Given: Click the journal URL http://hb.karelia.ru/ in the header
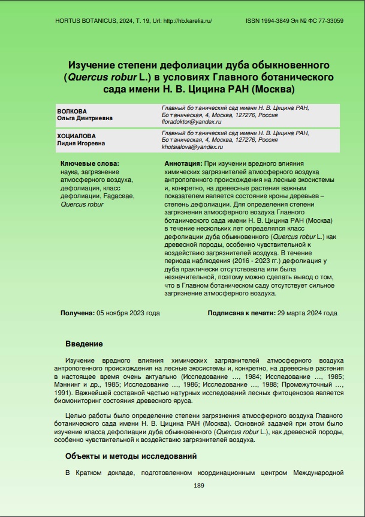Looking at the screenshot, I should click(x=187, y=20).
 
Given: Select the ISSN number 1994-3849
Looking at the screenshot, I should click(x=279, y=20).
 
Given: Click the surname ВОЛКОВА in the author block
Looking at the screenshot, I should click(x=72, y=111).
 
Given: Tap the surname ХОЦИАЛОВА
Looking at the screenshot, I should click(x=76, y=136).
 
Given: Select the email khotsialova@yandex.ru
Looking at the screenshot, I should click(x=192, y=147).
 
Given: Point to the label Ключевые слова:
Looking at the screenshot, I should click(x=90, y=163).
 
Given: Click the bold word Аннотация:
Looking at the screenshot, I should click(x=183, y=163).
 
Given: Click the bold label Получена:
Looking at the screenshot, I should click(x=77, y=313).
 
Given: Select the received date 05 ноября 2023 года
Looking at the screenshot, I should click(x=128, y=313).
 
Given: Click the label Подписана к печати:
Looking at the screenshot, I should click(x=242, y=313).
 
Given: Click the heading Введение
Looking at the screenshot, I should click(x=84, y=344).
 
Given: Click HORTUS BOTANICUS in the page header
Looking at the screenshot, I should click(x=82, y=20).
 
